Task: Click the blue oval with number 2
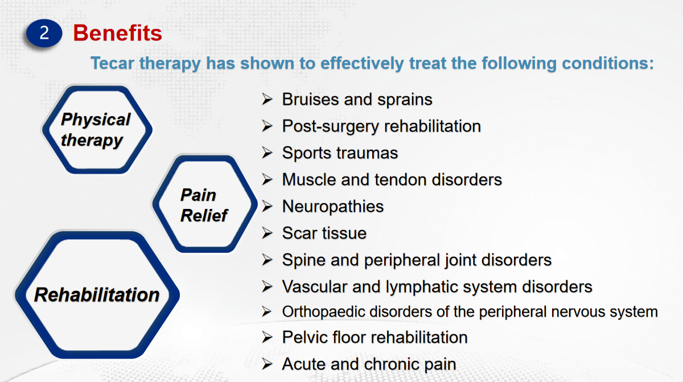click(44, 33)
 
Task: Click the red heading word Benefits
click(118, 33)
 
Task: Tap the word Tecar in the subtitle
click(113, 63)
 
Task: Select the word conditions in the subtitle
click(608, 63)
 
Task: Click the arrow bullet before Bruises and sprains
click(267, 99)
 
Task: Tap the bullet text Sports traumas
click(340, 153)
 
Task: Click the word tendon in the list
click(400, 179)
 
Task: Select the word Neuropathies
click(332, 207)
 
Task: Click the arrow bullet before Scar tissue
click(267, 233)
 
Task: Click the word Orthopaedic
click(323, 312)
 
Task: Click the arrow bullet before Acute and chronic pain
click(267, 364)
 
